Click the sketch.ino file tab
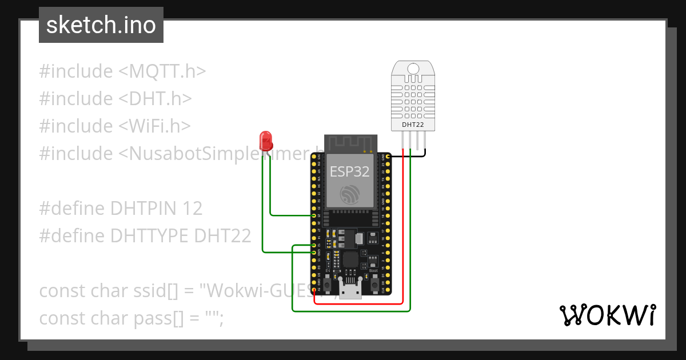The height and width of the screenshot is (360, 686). pyautogui.click(x=101, y=25)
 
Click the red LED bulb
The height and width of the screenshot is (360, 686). pyautogui.click(x=265, y=139)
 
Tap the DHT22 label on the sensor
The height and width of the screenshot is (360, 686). pyautogui.click(x=413, y=124)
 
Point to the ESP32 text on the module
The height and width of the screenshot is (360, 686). pyautogui.click(x=349, y=171)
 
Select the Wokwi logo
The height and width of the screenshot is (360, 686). pyautogui.click(x=607, y=315)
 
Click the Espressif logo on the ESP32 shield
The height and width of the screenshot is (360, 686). pyautogui.click(x=350, y=194)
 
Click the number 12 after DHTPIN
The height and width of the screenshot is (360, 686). pyautogui.click(x=193, y=209)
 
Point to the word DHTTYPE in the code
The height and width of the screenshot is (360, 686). pyautogui.click(x=150, y=236)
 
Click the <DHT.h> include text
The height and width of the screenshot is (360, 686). pyautogui.click(x=155, y=99)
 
